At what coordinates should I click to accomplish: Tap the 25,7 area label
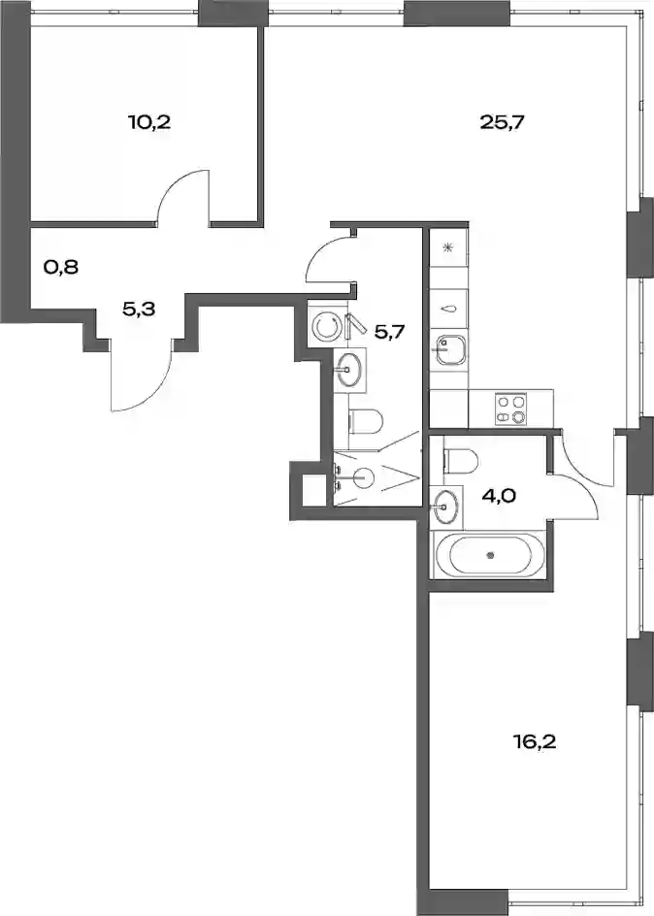(x=503, y=122)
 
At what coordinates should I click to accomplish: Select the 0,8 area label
(x=61, y=268)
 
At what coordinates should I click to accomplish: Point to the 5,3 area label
(x=139, y=309)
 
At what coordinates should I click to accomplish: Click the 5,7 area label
(x=389, y=333)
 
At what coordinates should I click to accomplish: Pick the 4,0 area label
(x=498, y=497)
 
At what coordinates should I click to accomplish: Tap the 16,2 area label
(x=535, y=742)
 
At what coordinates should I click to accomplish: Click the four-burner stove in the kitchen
(x=511, y=409)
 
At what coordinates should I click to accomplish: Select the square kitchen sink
(x=449, y=350)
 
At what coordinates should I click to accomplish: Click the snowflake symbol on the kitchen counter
(x=448, y=247)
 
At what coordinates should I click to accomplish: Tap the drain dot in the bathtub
(x=491, y=555)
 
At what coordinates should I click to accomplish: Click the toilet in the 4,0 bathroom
(x=461, y=459)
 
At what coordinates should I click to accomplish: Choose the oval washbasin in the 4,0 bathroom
(x=445, y=507)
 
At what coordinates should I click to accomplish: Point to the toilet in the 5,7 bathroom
(x=366, y=422)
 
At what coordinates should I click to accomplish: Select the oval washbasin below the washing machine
(x=349, y=369)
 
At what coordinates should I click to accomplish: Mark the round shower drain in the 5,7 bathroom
(x=364, y=478)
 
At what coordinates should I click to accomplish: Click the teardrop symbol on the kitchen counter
(x=448, y=310)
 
